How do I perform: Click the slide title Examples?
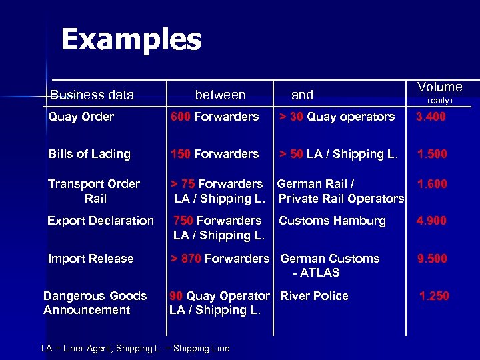(x=131, y=40)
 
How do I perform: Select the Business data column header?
(x=91, y=95)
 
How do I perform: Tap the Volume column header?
(x=439, y=87)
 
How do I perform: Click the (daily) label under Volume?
(x=439, y=101)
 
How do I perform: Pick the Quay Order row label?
(x=81, y=117)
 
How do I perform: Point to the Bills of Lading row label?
(x=89, y=154)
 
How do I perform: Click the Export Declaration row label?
(x=100, y=221)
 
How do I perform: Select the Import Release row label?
(x=91, y=259)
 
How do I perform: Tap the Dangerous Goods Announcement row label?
(x=95, y=303)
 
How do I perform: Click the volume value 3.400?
(x=431, y=117)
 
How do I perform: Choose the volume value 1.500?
(x=431, y=154)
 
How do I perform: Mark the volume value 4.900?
(x=431, y=221)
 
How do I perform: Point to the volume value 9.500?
(x=431, y=259)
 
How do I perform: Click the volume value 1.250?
(x=433, y=296)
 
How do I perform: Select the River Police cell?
(x=314, y=296)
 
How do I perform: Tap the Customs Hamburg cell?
(x=332, y=221)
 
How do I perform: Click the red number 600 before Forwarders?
(x=180, y=117)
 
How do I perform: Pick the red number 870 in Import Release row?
(x=191, y=259)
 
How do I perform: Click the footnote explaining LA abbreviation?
(x=135, y=348)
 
